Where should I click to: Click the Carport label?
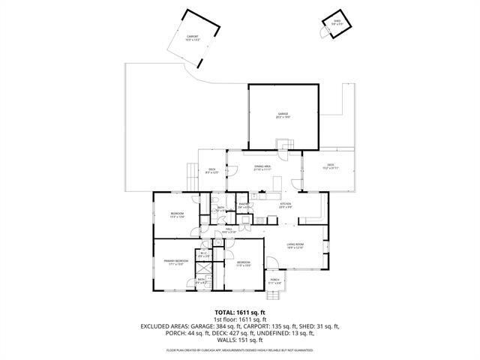click(193, 37)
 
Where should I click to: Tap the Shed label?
click(337, 22)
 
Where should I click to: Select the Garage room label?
click(283, 115)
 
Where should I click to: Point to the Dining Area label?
click(262, 168)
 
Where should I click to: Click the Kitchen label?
click(285, 205)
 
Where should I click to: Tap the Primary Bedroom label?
click(175, 262)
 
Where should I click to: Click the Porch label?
click(275, 280)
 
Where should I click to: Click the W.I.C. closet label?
click(203, 255)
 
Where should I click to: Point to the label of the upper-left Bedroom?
click(177, 215)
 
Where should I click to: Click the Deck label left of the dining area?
click(212, 171)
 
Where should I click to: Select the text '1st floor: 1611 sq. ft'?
click(240, 319)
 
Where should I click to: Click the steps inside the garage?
click(284, 145)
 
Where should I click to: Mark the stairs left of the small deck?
click(190, 177)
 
